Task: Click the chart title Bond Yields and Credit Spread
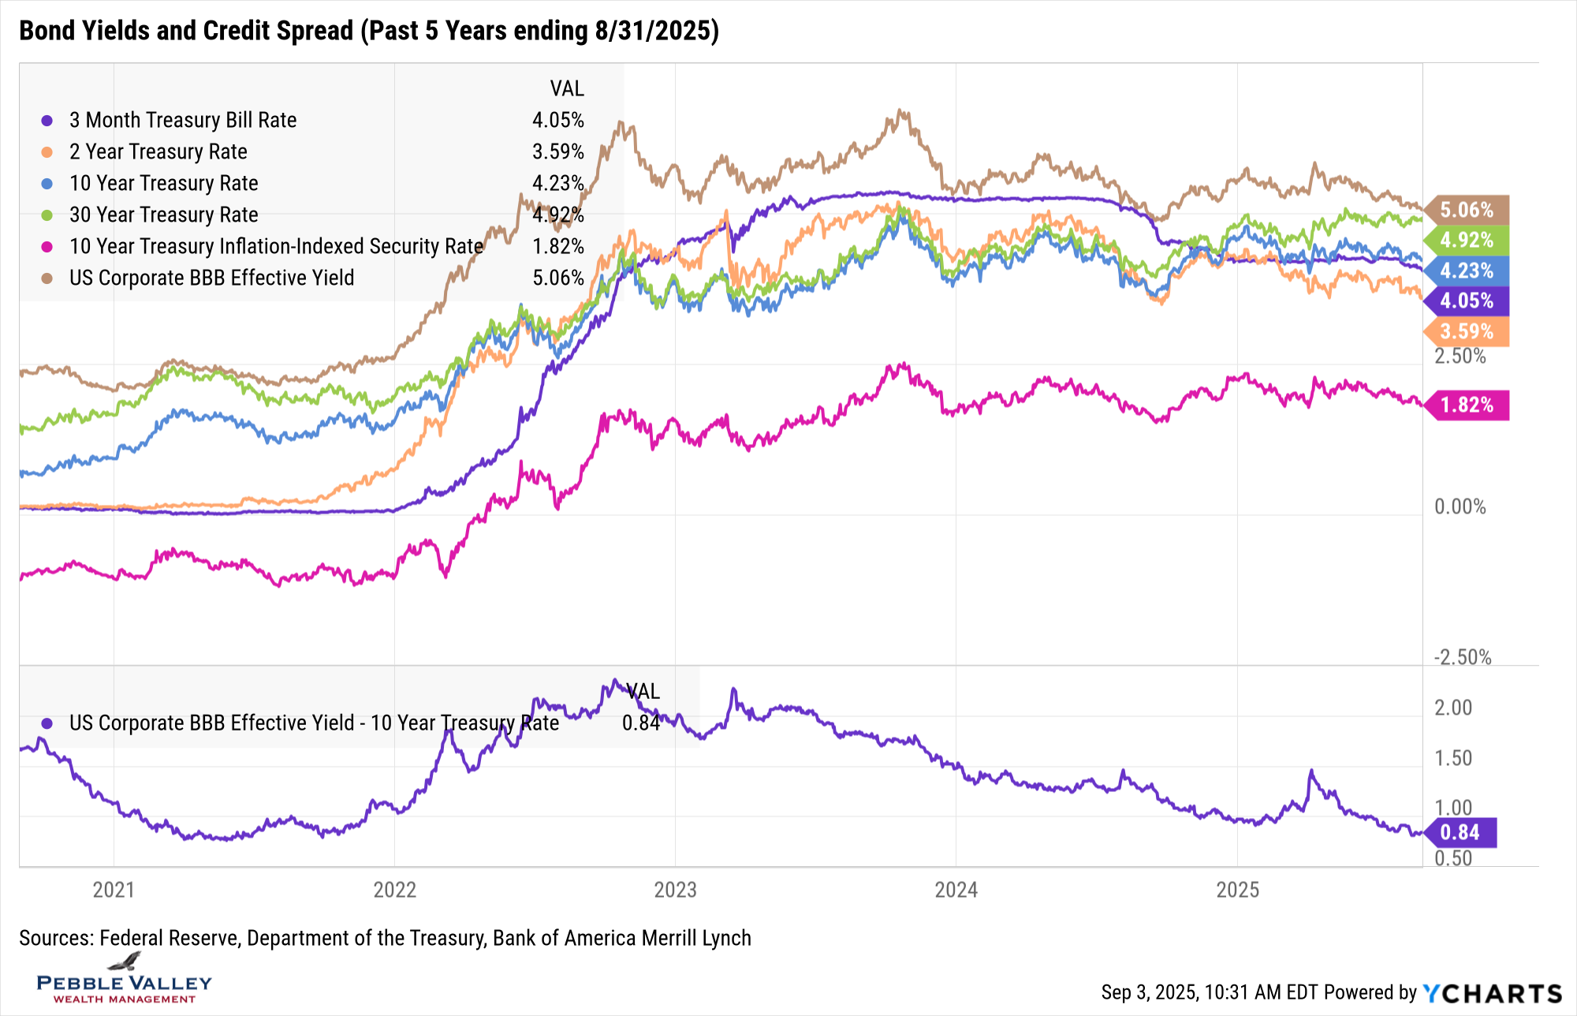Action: coord(368,31)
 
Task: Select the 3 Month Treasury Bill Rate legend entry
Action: coord(182,120)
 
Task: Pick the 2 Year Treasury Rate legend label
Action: coord(158,151)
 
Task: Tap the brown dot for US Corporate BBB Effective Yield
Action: coord(47,278)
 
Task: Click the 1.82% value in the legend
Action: coord(557,246)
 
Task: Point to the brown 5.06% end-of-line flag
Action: coord(1466,210)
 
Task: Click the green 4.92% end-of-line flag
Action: coord(1466,240)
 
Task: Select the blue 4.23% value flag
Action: coord(1466,271)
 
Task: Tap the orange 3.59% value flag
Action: coord(1466,331)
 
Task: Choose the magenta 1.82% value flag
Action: coord(1466,405)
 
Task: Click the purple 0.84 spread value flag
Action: coord(1460,832)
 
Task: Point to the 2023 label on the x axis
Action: coord(675,890)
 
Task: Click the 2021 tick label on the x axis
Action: coord(114,890)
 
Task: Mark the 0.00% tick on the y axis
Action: coord(1460,506)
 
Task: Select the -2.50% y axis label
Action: coord(1462,657)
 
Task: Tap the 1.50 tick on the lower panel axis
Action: coord(1452,758)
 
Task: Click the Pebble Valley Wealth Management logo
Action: coord(125,981)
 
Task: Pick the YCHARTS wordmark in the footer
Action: coord(1492,993)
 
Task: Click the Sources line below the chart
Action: coord(385,938)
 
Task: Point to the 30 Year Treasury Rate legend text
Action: coord(163,215)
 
